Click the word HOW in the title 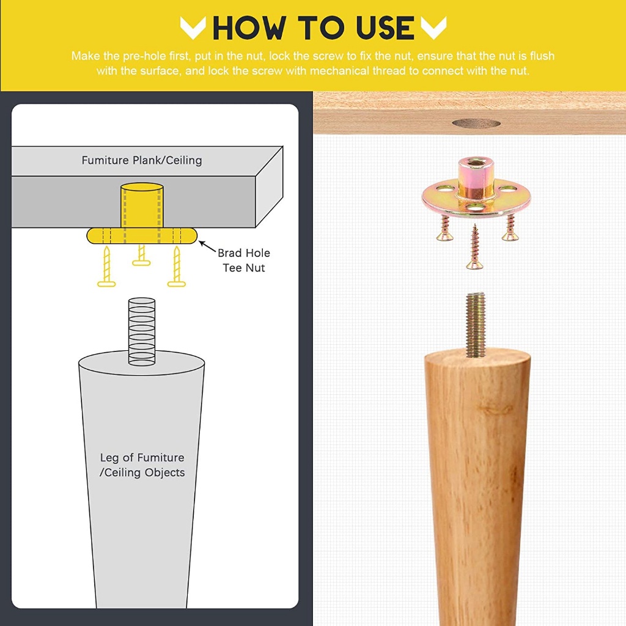pos(249,28)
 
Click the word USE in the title pos(385,28)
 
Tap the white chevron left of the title pos(193,28)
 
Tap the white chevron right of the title pos(433,28)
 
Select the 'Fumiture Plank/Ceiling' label pos(142,161)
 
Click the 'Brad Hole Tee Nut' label pos(243,260)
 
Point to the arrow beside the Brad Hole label pos(208,246)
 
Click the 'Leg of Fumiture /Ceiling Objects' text pos(142,465)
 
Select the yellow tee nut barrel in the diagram pos(142,205)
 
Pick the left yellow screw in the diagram pos(106,267)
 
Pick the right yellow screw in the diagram pos(177,267)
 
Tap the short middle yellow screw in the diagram pos(141,255)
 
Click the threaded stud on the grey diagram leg pos(142,331)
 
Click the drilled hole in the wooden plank pos(476,123)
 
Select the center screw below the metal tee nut pos(474,246)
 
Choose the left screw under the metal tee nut pos(444,229)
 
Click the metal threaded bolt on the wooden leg pos(475,325)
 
